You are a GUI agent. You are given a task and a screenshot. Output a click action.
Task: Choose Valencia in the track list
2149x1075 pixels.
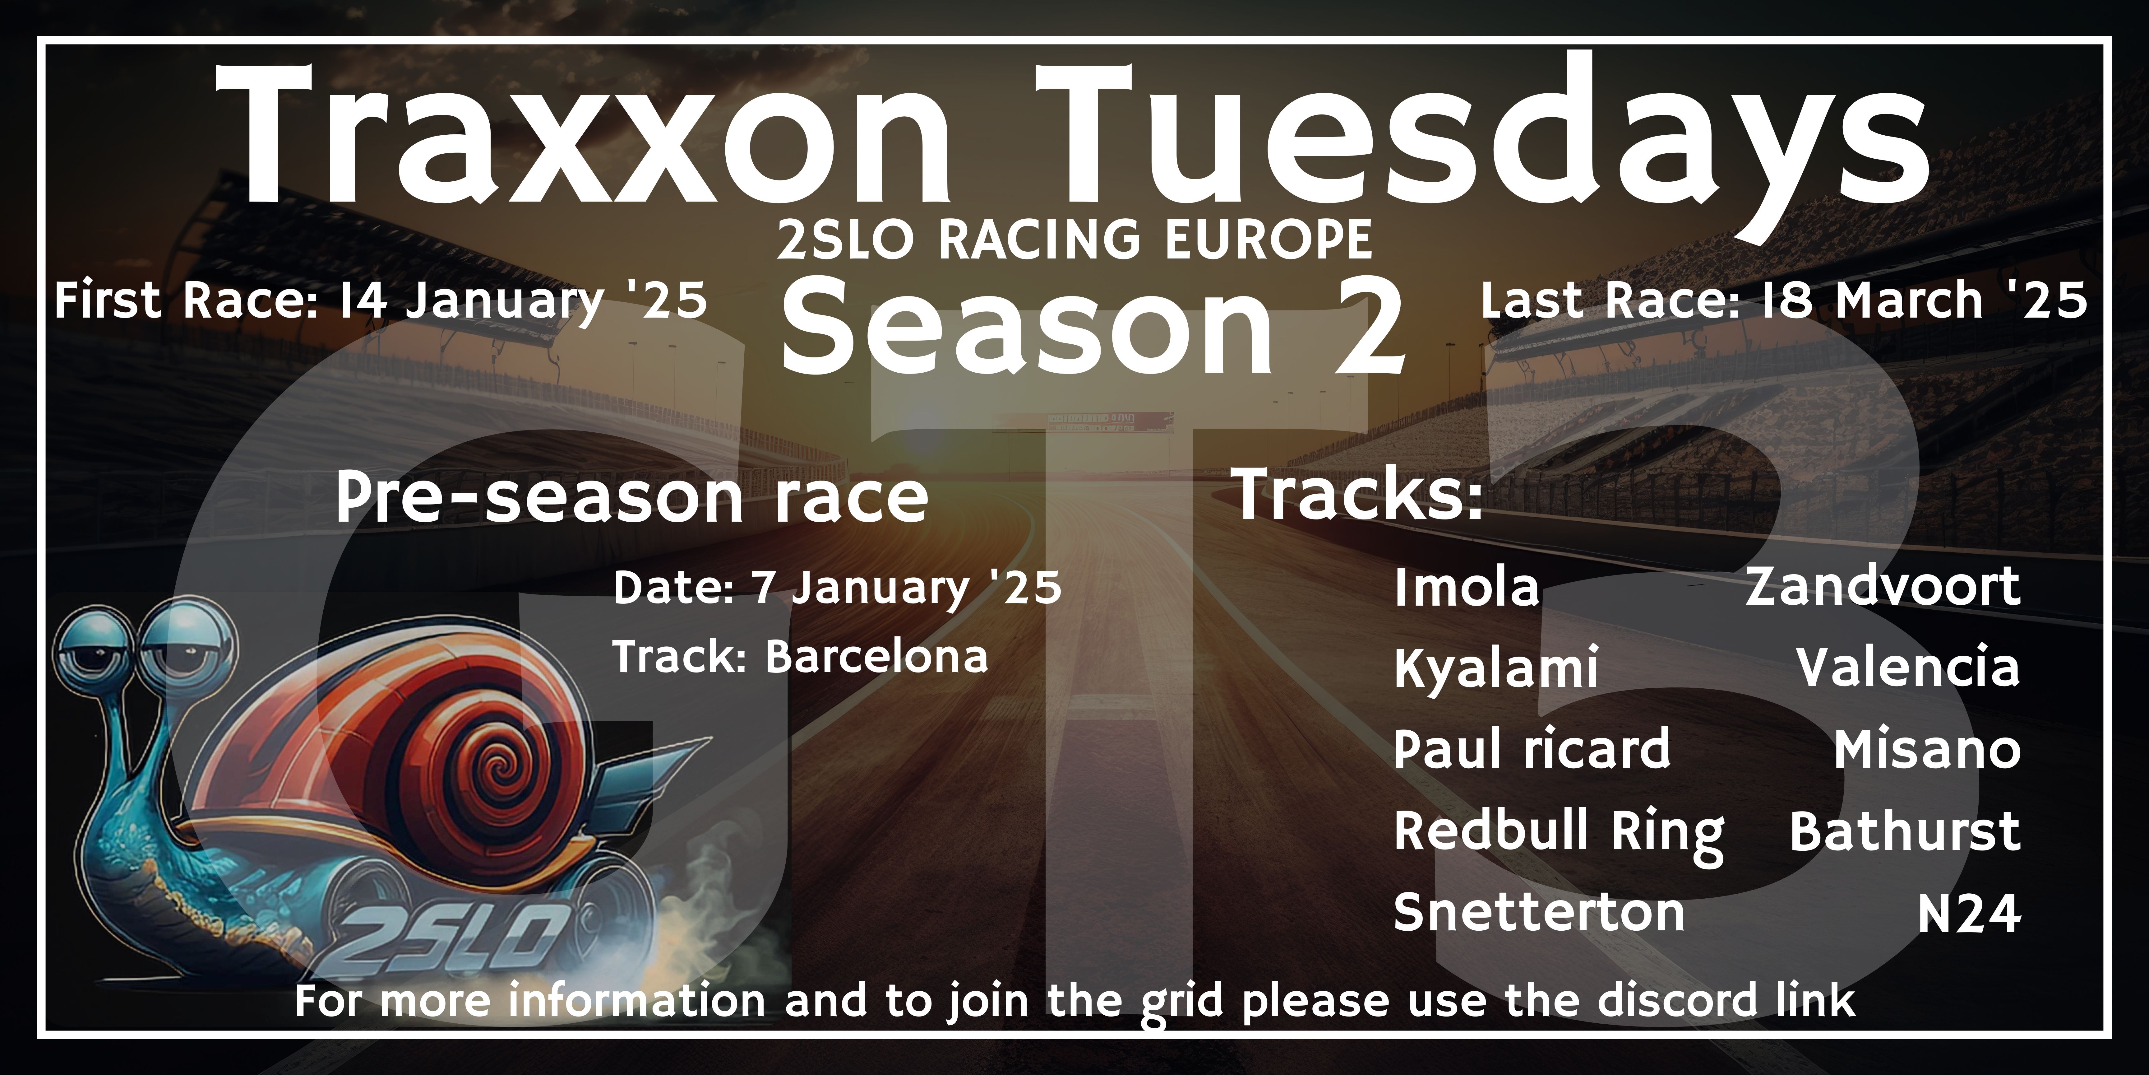1908,668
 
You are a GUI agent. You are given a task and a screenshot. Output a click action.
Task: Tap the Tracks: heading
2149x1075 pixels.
1357,495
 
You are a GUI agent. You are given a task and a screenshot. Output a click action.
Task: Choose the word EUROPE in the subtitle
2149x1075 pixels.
1268,240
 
